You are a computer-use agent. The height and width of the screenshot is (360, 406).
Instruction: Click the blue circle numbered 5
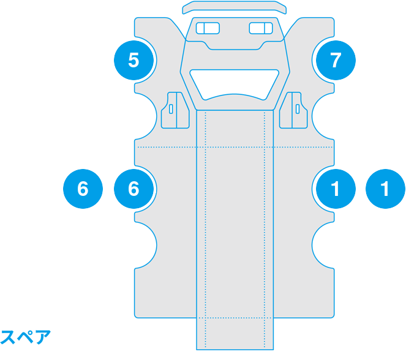pos(133,60)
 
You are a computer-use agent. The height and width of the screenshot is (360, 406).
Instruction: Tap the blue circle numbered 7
pos(336,60)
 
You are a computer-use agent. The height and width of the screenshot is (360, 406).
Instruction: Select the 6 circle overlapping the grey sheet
pos(133,189)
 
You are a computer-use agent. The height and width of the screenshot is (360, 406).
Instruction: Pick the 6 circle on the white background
pos(83,189)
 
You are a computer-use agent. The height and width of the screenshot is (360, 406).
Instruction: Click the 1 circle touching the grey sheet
pos(336,189)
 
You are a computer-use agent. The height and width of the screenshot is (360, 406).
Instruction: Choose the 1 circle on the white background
pos(385,189)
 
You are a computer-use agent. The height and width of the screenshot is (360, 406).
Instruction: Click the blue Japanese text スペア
pos(26,337)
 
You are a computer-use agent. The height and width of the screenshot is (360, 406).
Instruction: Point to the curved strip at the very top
pos(235,7)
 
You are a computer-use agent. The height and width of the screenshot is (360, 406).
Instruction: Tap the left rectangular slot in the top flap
pos(208,28)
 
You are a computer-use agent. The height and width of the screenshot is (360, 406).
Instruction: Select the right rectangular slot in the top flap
pos(261,28)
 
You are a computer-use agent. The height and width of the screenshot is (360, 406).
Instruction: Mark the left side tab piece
pos(175,110)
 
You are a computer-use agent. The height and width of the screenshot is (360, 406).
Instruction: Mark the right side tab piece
pos(293,110)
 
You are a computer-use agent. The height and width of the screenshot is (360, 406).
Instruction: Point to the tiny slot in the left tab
pos(171,109)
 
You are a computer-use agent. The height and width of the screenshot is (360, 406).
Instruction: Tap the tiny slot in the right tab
pos(298,109)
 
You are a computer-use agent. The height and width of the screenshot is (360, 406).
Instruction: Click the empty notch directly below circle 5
pos(145,116)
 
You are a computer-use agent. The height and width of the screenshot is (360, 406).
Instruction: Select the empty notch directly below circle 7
pos(323,116)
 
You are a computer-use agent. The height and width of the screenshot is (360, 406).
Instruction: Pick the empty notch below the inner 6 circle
pos(145,245)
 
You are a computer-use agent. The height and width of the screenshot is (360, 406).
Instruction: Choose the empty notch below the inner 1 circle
pos(323,245)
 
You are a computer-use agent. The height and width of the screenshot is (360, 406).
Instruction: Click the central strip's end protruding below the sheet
pos(235,334)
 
